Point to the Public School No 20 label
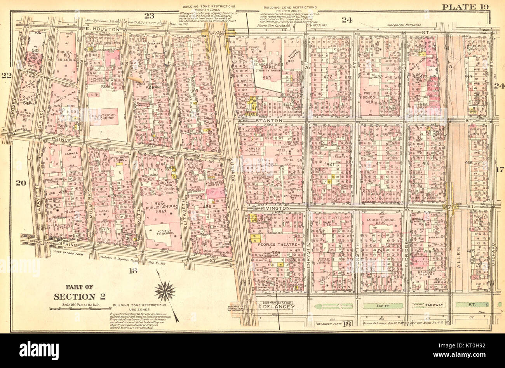tap(382, 222)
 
